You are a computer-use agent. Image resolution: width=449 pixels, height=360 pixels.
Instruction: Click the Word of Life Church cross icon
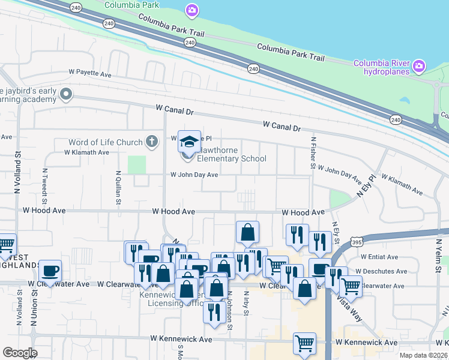coord(152,142)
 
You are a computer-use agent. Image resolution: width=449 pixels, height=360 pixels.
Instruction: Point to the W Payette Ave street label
coord(90,75)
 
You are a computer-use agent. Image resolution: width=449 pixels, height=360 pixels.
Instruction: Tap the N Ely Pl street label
coord(365,187)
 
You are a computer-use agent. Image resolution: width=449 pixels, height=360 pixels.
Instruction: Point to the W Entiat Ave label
coord(376,257)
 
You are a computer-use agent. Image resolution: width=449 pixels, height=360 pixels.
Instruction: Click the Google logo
coord(20,353)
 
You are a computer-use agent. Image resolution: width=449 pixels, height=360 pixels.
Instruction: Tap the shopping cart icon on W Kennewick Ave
coord(304,343)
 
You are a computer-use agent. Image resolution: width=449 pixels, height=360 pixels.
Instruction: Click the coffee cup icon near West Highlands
coord(50,269)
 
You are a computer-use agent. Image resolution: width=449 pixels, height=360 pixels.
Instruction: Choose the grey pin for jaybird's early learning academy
coord(67,94)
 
